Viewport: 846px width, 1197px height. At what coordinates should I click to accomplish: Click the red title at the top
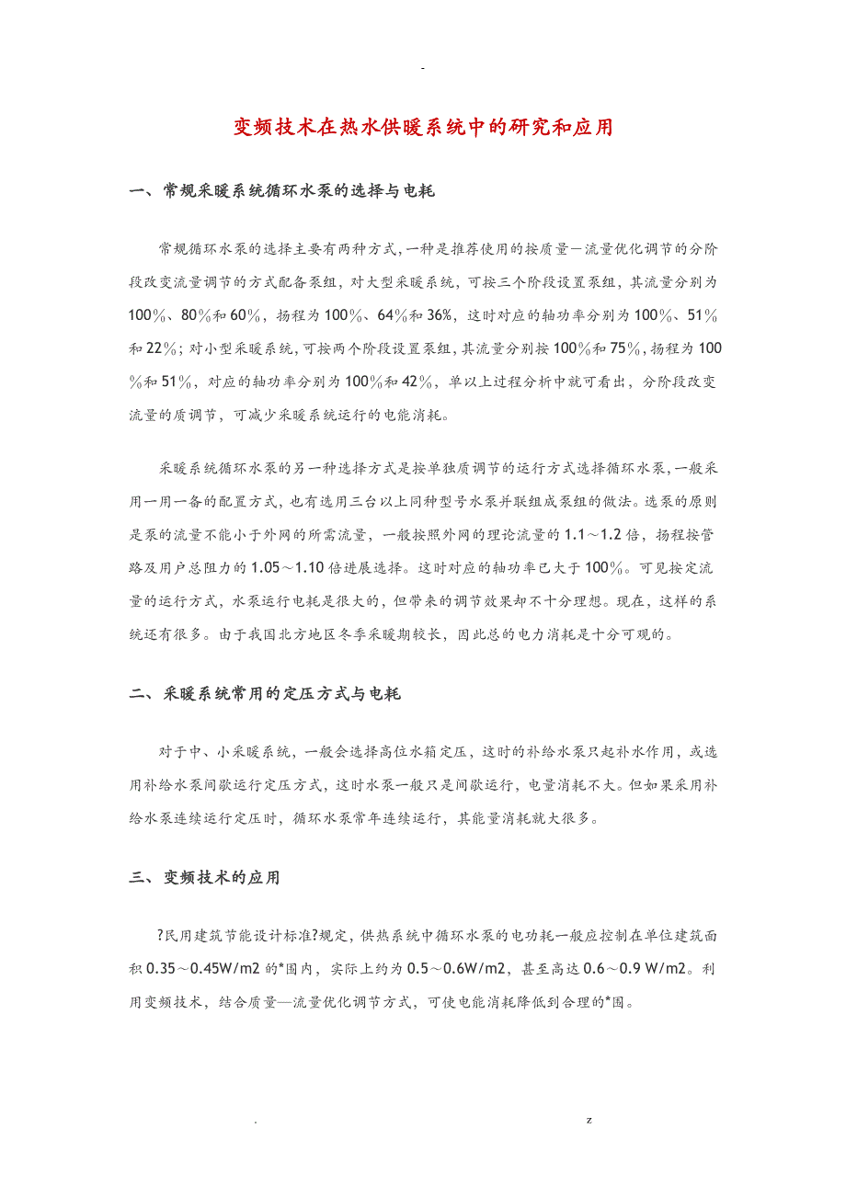(x=422, y=127)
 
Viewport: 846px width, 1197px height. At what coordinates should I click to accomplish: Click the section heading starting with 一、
(x=282, y=191)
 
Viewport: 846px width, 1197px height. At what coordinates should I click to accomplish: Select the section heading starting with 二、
(x=265, y=694)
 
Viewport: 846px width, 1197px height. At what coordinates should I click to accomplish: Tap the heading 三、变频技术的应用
(x=204, y=878)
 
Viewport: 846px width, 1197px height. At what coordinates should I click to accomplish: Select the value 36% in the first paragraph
(x=438, y=315)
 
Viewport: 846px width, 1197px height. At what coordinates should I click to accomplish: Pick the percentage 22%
(x=162, y=348)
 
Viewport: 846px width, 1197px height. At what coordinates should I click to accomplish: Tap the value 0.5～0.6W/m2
(x=466, y=969)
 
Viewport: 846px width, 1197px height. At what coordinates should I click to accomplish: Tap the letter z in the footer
(x=589, y=1121)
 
